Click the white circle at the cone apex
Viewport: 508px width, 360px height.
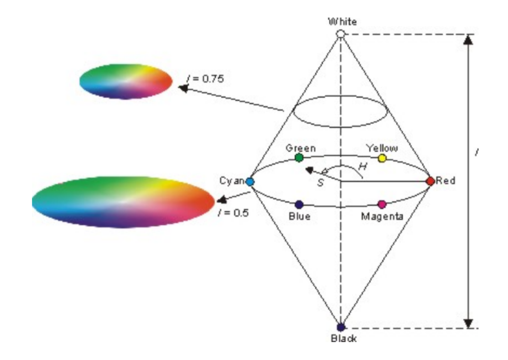coord(341,33)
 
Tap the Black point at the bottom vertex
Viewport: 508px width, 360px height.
coord(341,327)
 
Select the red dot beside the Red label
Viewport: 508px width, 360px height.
coord(430,181)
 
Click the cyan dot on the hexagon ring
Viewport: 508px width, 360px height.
coord(250,182)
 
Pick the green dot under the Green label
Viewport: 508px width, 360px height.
coord(299,158)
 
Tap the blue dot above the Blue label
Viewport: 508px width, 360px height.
coord(299,204)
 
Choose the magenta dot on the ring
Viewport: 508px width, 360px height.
coord(382,204)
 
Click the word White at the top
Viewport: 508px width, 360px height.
coord(342,21)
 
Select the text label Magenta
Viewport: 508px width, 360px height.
coord(382,216)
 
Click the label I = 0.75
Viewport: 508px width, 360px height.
coord(205,79)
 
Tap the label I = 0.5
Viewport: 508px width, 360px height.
coord(233,212)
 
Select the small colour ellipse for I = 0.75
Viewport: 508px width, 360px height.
coord(126,81)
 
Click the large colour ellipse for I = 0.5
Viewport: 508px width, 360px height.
coord(123,201)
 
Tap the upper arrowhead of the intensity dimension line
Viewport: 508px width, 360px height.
coord(468,39)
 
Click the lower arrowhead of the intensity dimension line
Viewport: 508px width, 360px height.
coord(468,323)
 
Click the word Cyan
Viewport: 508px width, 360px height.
coord(232,181)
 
